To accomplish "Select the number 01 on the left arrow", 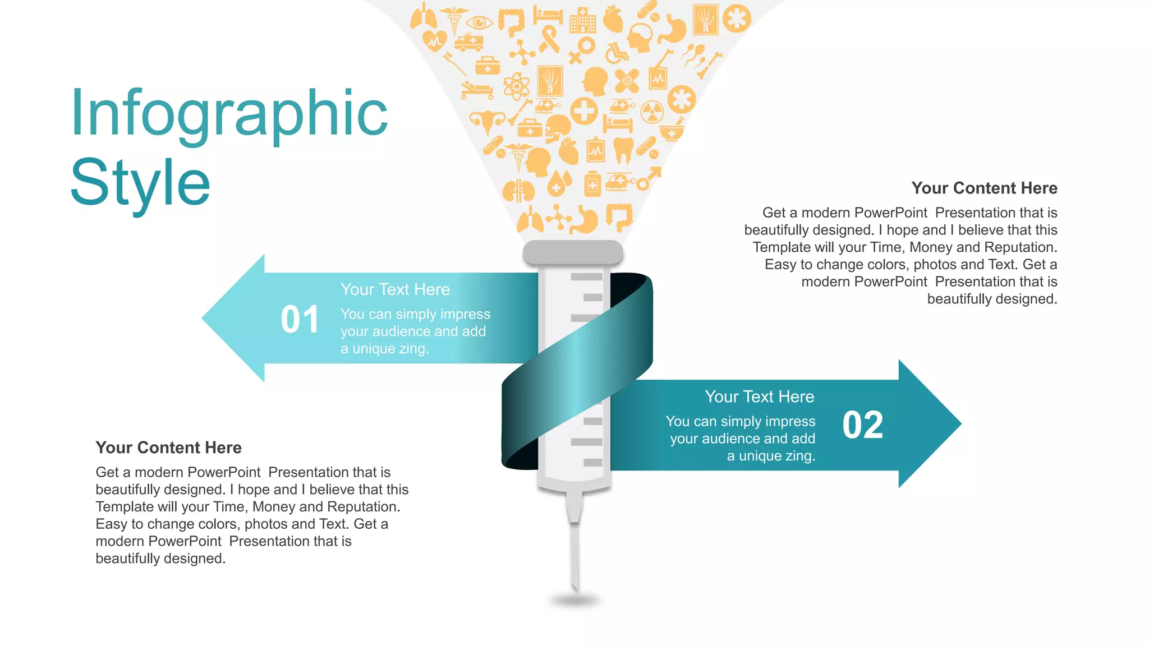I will pos(300,320).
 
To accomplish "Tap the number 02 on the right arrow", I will pos(863,425).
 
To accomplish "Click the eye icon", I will pos(479,23).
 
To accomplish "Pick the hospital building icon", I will pos(582,21).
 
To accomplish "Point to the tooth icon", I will pos(623,150).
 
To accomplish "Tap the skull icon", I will pos(557,130).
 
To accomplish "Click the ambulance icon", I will pos(468,42).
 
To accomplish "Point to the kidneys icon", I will pos(518,191).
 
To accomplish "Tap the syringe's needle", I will pos(574,555).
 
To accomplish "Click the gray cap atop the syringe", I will pos(573,252).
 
